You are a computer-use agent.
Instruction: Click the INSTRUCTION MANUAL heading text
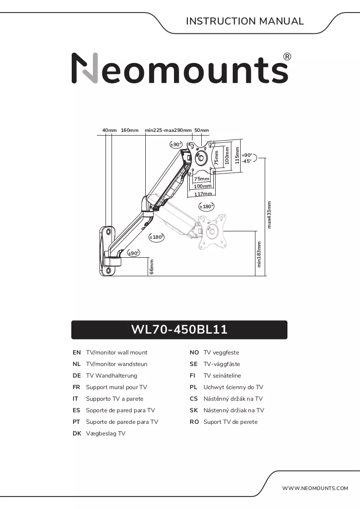pyautogui.click(x=245, y=21)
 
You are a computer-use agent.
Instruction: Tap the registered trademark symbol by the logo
pyautogui.click(x=287, y=57)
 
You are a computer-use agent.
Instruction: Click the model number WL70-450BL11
pyautogui.click(x=179, y=329)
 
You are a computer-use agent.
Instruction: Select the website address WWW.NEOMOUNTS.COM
pyautogui.click(x=315, y=488)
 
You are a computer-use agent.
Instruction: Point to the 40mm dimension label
pyautogui.click(x=109, y=130)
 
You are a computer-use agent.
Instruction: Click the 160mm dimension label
pyautogui.click(x=130, y=130)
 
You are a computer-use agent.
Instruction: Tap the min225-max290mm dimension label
pyautogui.click(x=168, y=130)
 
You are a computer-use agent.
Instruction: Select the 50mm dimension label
pyautogui.click(x=202, y=130)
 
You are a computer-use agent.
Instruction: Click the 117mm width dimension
pyautogui.click(x=203, y=194)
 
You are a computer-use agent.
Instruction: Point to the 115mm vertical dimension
pyautogui.click(x=237, y=155)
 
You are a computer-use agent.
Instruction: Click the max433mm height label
pyautogui.click(x=269, y=215)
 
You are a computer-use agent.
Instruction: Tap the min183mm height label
pyautogui.click(x=259, y=254)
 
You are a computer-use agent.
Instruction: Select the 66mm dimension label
pyautogui.click(x=152, y=267)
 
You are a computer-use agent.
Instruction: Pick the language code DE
pyautogui.click(x=77, y=376)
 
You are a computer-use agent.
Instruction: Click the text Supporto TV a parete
pyautogui.click(x=115, y=398)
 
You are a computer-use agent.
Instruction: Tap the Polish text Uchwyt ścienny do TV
pyautogui.click(x=233, y=387)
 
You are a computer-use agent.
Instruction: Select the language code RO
pyautogui.click(x=194, y=422)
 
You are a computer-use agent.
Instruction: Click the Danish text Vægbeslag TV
pyautogui.click(x=106, y=434)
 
